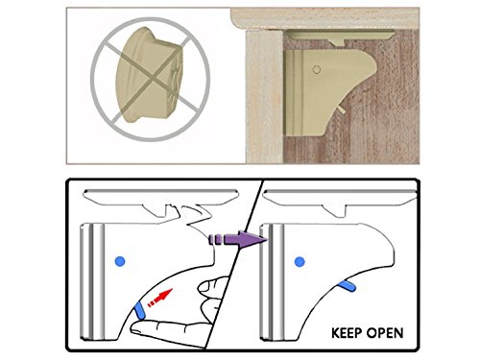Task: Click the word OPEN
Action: click(385, 333)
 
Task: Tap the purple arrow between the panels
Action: click(237, 239)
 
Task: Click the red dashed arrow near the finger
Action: click(159, 298)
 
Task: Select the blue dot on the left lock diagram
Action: click(120, 261)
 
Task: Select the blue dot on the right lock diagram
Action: click(300, 262)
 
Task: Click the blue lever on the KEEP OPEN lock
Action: click(348, 286)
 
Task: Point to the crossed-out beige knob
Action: click(150, 80)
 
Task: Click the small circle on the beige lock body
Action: click(316, 69)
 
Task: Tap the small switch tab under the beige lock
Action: click(341, 109)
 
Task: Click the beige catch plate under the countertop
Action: click(341, 36)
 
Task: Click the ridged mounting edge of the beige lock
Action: click(294, 93)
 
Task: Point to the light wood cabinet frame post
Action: click(264, 97)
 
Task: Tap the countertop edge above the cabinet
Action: click(324, 18)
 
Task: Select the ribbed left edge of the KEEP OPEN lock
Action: click(272, 281)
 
